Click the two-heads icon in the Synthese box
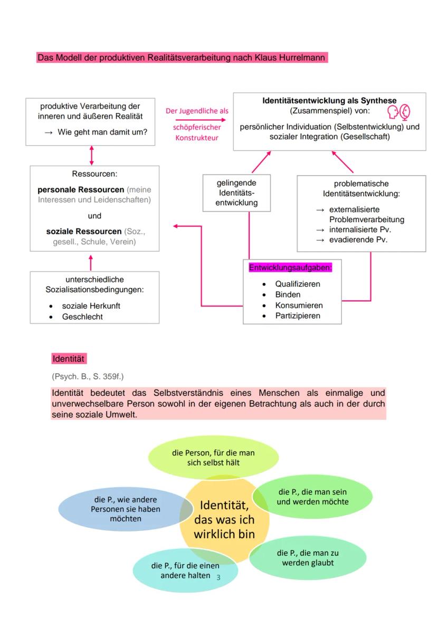coord(398,112)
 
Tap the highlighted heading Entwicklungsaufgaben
coord(290,268)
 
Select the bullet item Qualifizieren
coord(297,284)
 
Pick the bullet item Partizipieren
coord(297,316)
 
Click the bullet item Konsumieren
coord(299,306)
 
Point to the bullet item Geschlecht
coord(82,317)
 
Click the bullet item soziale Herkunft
coord(91,306)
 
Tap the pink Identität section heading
coord(69,359)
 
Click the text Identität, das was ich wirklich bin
coord(224,519)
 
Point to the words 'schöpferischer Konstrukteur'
coord(197,132)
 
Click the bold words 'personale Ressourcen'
coord(81,189)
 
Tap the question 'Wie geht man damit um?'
coord(102,132)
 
